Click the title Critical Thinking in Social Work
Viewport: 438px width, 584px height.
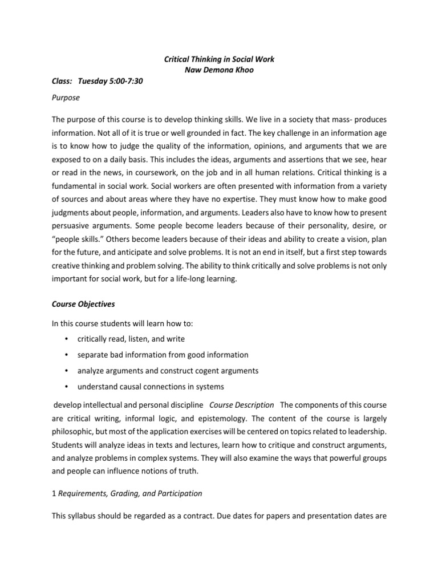click(x=218, y=60)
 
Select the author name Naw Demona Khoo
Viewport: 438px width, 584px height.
click(x=218, y=71)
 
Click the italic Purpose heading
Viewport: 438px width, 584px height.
click(x=66, y=98)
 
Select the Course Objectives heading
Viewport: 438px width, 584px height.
click(x=83, y=305)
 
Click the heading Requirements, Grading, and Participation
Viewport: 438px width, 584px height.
click(x=129, y=493)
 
